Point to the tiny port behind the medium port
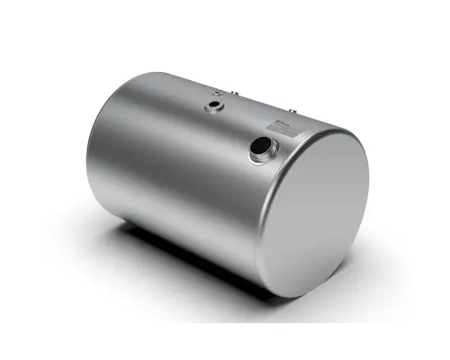(x=216, y=93)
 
